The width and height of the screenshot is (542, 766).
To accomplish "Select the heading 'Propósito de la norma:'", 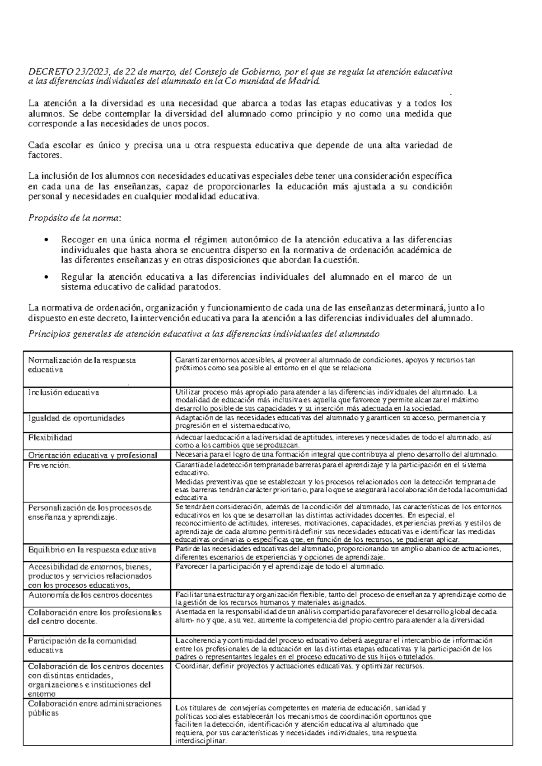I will tap(75, 218).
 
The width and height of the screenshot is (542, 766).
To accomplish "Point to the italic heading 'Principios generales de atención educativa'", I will tap(204, 334).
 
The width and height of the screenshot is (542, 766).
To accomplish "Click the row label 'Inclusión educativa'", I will tap(63, 392).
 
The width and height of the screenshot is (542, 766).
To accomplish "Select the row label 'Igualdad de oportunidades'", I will tap(76, 418).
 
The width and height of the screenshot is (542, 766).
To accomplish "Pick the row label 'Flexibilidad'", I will tap(50, 438).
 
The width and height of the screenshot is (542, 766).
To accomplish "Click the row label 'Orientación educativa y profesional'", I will tap(93, 455).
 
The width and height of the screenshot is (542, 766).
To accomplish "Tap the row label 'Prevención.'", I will tap(49, 466).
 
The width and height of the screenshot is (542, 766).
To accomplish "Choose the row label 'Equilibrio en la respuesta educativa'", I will tap(92, 550).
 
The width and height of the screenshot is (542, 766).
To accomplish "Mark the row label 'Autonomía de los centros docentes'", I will tap(90, 595).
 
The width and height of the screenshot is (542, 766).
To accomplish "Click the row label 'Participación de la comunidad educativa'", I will tap(82, 645).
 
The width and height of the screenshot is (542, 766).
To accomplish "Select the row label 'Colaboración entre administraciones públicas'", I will tap(94, 708).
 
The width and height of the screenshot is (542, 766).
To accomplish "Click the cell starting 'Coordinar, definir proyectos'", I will tap(299, 666).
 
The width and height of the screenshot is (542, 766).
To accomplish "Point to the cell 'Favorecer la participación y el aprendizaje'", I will tap(279, 566).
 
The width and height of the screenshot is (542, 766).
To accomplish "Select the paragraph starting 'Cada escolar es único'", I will tap(239, 150).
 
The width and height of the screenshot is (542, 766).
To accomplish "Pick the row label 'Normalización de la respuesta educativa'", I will tap(82, 365).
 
